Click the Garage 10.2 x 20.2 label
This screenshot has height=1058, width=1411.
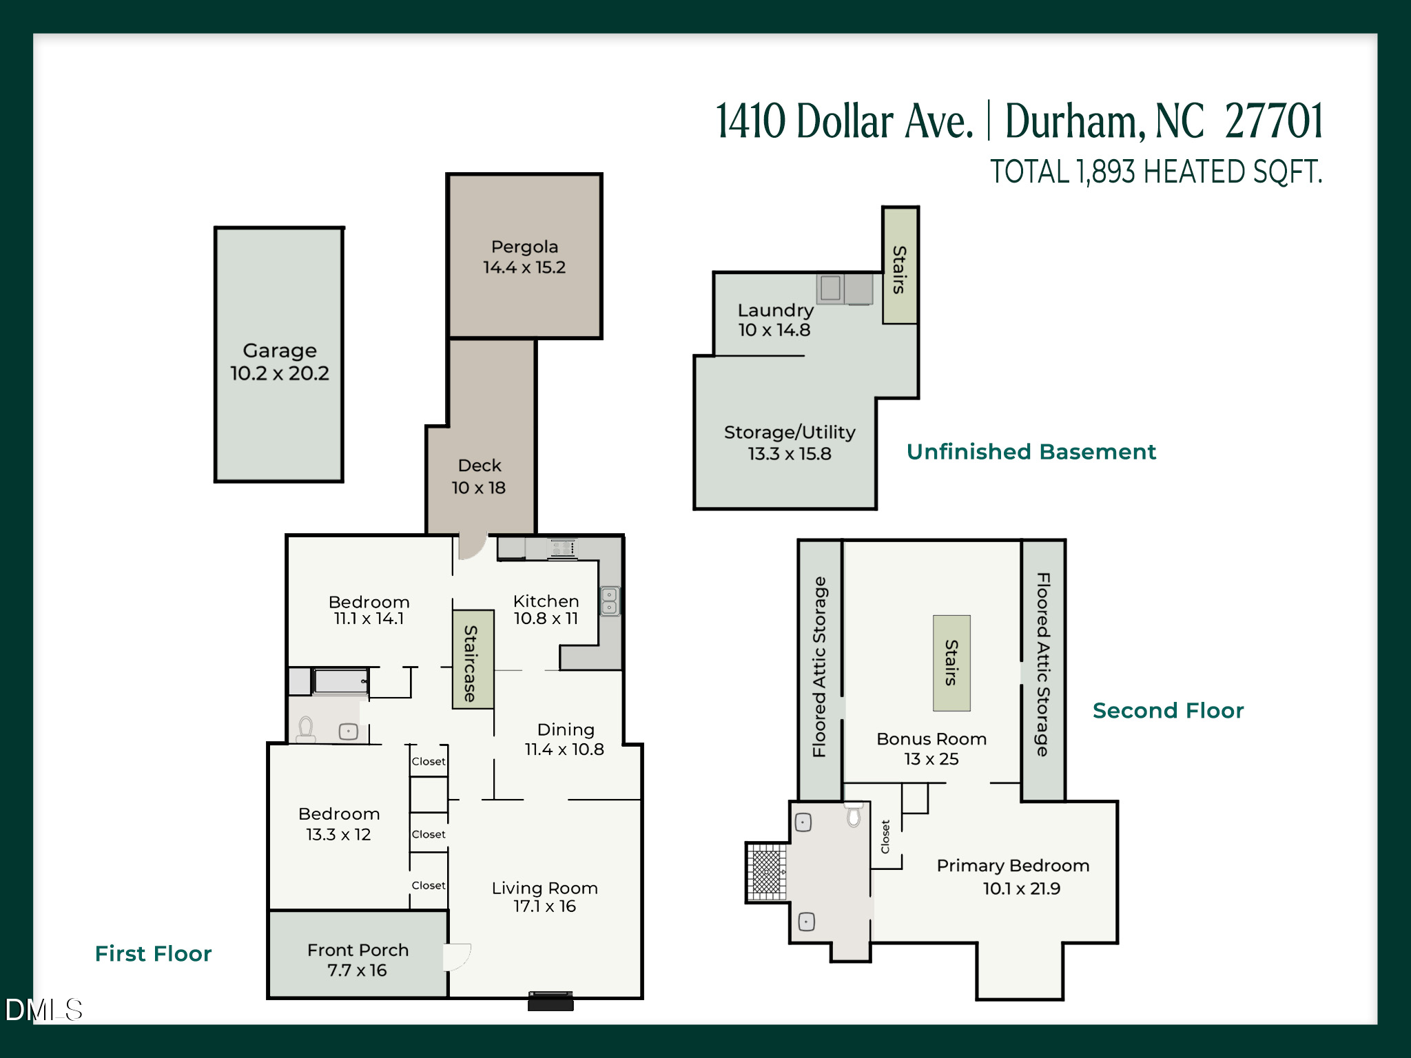(279, 362)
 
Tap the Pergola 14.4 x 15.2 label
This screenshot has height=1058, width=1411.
(524, 257)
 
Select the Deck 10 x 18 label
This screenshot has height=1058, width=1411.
(479, 477)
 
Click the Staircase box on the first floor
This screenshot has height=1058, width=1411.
(473, 659)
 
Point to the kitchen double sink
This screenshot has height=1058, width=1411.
(610, 601)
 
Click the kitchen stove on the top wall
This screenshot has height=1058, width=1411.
(562, 548)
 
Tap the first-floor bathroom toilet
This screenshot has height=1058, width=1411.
(306, 729)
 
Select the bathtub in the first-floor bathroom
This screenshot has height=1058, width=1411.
(341, 681)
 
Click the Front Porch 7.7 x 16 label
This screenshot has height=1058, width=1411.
(358, 960)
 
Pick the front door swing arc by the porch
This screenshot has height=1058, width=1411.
(457, 956)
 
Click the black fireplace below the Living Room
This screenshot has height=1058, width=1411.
(550, 1001)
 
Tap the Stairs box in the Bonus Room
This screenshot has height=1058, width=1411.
(951, 663)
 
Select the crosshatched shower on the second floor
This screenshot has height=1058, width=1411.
(766, 872)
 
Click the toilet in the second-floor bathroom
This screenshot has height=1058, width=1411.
(854, 815)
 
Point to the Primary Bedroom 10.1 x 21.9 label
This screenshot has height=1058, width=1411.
(1013, 877)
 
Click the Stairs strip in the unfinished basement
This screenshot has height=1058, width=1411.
(900, 265)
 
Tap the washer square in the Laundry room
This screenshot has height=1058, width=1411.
(830, 288)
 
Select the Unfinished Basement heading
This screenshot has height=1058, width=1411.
(1031, 452)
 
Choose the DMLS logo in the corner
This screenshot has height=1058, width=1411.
(43, 1010)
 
